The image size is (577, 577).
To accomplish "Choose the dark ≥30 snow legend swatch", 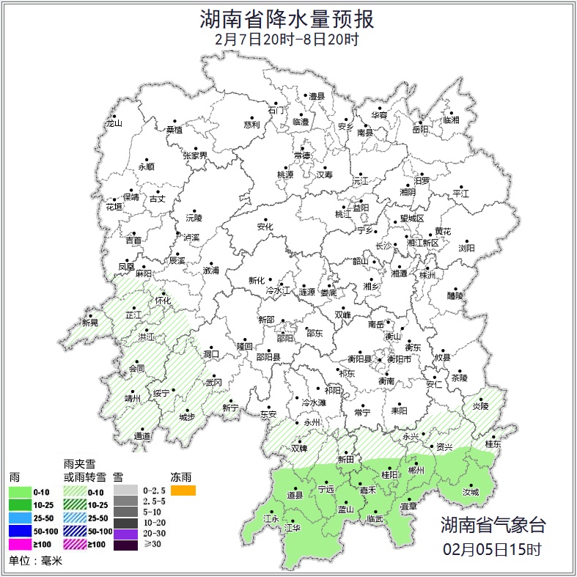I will pos(125,545).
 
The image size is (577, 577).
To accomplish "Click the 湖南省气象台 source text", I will pos(493,524).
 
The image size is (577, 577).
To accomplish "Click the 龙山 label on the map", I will pos(114,123).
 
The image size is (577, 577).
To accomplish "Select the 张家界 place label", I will pos(195,155).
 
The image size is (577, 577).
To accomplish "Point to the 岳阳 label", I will pos(420,130).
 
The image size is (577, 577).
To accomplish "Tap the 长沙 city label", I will pos(383,246).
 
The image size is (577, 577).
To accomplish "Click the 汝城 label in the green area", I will pos(470,493).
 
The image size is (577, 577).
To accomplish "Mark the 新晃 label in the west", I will pos(89,323).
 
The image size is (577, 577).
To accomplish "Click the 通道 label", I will pos(142,436).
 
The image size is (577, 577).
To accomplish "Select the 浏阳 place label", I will pos(466,248).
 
